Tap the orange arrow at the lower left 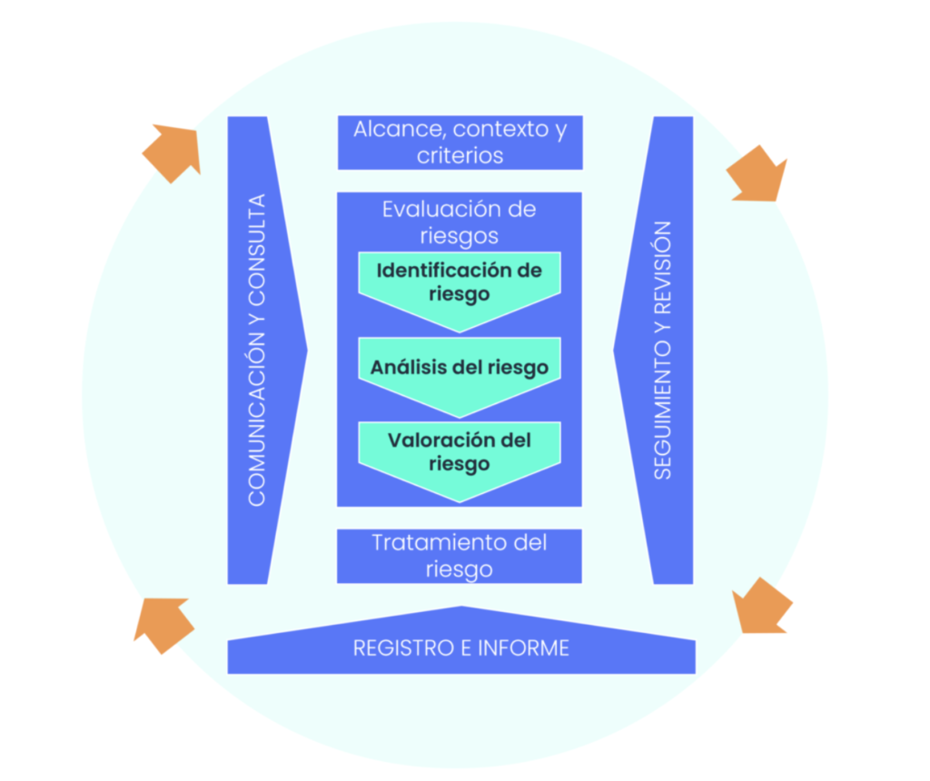point(163,625)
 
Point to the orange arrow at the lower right point(762,606)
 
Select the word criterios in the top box point(460,156)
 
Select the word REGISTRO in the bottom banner point(402,648)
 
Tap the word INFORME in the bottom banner point(524,648)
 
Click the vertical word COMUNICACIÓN point(256,419)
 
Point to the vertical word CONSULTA point(256,249)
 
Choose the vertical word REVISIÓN point(662,268)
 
